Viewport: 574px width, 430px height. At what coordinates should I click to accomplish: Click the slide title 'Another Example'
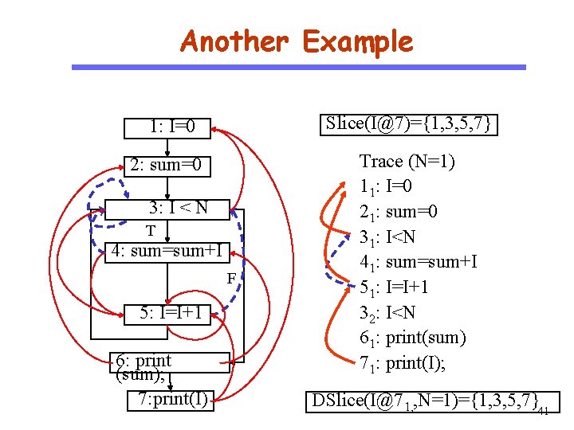pos(297,41)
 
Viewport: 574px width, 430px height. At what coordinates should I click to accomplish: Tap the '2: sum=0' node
pos(169,166)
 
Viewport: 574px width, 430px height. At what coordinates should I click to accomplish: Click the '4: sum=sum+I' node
pos(168,251)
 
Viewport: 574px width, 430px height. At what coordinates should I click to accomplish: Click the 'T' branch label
pos(149,230)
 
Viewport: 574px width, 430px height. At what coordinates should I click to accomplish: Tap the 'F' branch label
pos(230,279)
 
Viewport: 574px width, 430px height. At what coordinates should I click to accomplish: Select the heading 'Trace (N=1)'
pos(407,162)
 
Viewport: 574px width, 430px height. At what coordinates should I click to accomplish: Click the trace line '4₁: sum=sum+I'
pos(419,262)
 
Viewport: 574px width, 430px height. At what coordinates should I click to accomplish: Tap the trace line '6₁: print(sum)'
pos(412,338)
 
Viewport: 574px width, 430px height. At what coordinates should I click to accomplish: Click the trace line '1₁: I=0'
pos(399,187)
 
